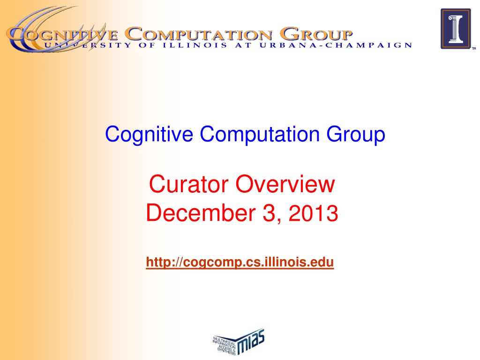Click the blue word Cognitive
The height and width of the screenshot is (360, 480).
[x=149, y=135]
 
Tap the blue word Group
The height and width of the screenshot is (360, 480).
[x=356, y=135]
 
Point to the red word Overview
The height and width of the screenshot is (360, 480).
[x=285, y=184]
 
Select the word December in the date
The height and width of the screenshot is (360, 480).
[x=201, y=213]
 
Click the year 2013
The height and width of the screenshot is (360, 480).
[x=313, y=213]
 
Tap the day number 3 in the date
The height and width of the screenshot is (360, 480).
[x=270, y=213]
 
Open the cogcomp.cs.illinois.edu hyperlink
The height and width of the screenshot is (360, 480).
[x=240, y=262]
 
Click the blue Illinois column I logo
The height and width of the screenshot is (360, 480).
[x=456, y=29]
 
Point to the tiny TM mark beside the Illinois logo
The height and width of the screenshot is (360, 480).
[x=474, y=48]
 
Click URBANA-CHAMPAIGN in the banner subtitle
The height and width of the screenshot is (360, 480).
[x=336, y=45]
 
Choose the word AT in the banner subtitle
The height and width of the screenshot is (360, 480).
[x=243, y=45]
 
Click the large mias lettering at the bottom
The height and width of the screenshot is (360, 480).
[x=251, y=341]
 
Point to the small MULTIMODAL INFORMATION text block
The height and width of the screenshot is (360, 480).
[x=225, y=345]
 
